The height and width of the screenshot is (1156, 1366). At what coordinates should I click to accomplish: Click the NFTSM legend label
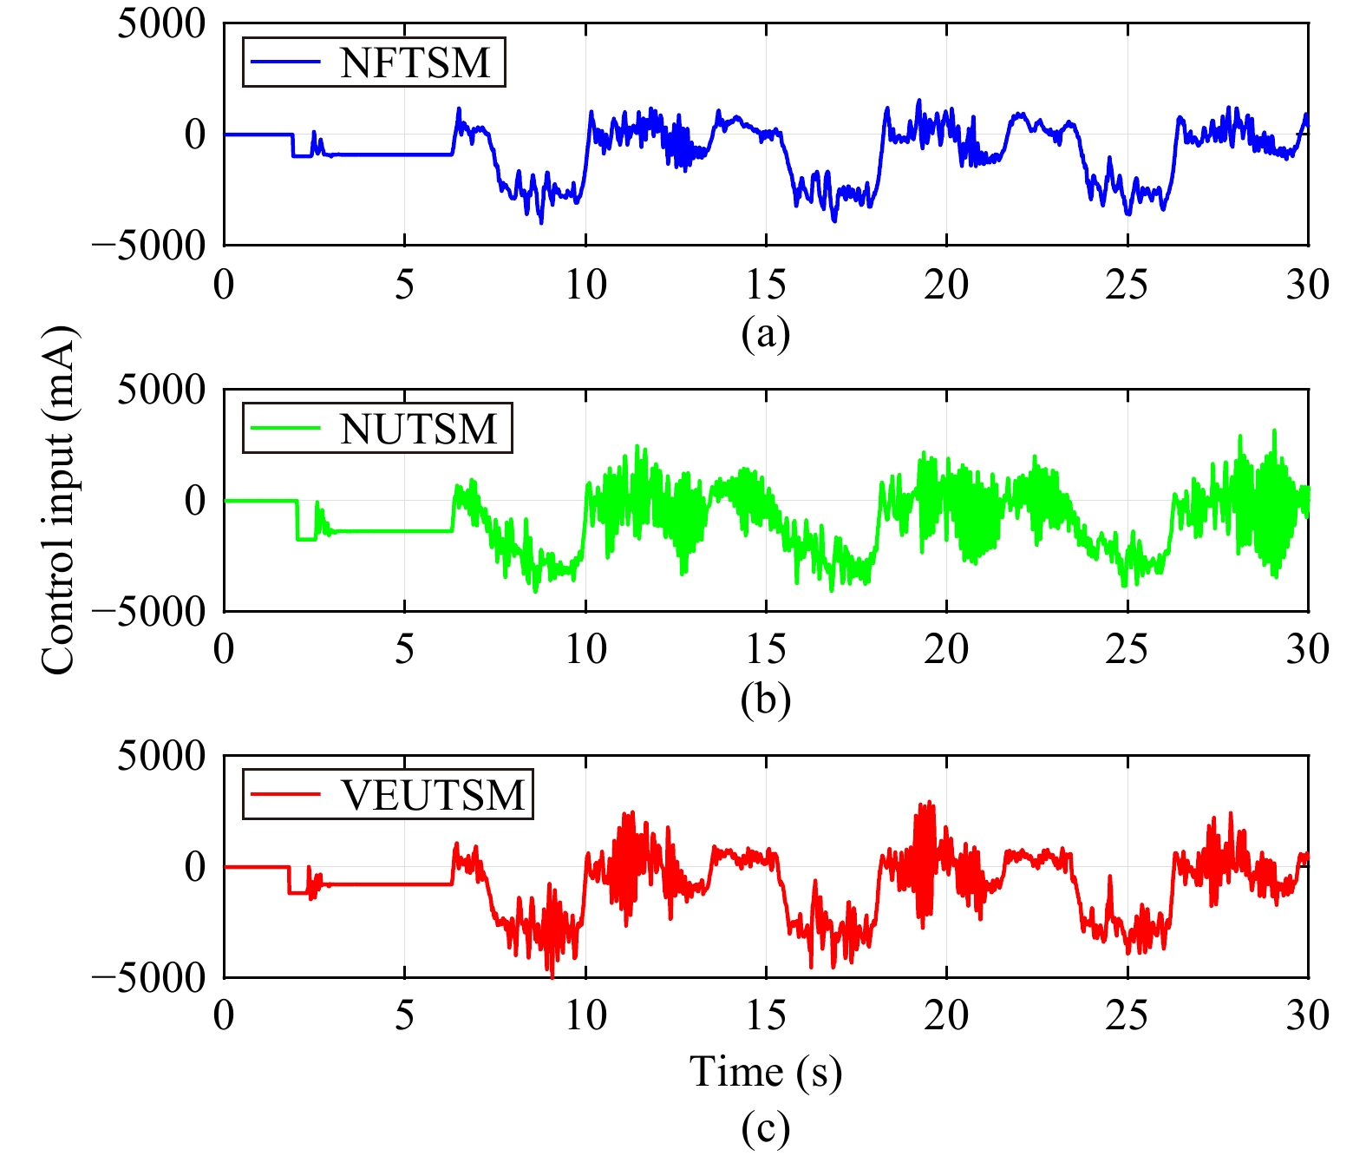tap(415, 62)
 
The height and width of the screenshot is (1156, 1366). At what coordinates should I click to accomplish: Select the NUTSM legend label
tap(419, 429)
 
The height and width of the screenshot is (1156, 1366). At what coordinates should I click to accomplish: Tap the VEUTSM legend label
tap(433, 795)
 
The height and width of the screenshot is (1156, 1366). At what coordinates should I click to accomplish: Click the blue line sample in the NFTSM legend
tap(285, 62)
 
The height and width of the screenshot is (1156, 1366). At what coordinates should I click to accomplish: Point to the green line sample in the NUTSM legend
tap(285, 429)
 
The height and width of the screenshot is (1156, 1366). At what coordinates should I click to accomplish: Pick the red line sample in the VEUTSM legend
tap(285, 795)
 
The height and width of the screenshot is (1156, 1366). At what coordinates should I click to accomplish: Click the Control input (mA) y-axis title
tap(59, 500)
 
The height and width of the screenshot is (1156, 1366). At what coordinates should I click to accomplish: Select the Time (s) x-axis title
tap(765, 1072)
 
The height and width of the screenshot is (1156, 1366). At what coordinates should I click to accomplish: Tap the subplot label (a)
tap(765, 333)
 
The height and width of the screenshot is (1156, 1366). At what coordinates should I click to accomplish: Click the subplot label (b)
tap(765, 700)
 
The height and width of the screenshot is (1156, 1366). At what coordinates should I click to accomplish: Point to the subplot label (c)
tap(765, 1128)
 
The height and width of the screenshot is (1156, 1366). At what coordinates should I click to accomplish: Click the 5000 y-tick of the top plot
tap(161, 24)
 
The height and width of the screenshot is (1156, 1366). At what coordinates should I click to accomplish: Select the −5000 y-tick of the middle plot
tap(148, 612)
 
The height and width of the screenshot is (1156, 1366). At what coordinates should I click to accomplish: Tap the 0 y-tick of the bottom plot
tap(195, 866)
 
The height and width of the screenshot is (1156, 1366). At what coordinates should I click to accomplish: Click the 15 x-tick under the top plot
tap(765, 284)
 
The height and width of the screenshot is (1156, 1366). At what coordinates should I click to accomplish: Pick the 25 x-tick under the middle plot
tap(1127, 649)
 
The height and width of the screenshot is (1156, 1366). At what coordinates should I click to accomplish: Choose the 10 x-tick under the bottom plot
tap(585, 1015)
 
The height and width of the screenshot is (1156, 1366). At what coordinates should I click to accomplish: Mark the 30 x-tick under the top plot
tap(1307, 284)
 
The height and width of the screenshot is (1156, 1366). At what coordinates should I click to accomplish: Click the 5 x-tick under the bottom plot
tap(405, 1015)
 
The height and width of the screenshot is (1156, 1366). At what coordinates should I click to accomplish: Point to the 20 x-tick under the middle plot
tap(945, 649)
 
